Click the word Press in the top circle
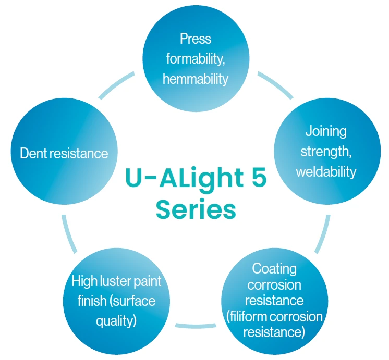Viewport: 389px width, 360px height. coord(196,39)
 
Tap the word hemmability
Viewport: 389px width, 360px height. coord(196,79)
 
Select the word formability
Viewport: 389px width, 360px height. coord(196,59)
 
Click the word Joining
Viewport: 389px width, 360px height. coord(326,131)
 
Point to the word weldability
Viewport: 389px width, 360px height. coord(326,171)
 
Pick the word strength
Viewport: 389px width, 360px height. coord(324,151)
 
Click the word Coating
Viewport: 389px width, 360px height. coord(274,268)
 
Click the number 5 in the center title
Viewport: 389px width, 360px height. coord(256,179)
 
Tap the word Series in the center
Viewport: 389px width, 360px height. coord(196,209)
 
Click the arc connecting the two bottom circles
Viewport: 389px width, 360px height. coord(194,326)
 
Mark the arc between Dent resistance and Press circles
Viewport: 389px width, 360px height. coord(117,85)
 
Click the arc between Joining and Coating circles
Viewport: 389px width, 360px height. coord(323,232)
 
